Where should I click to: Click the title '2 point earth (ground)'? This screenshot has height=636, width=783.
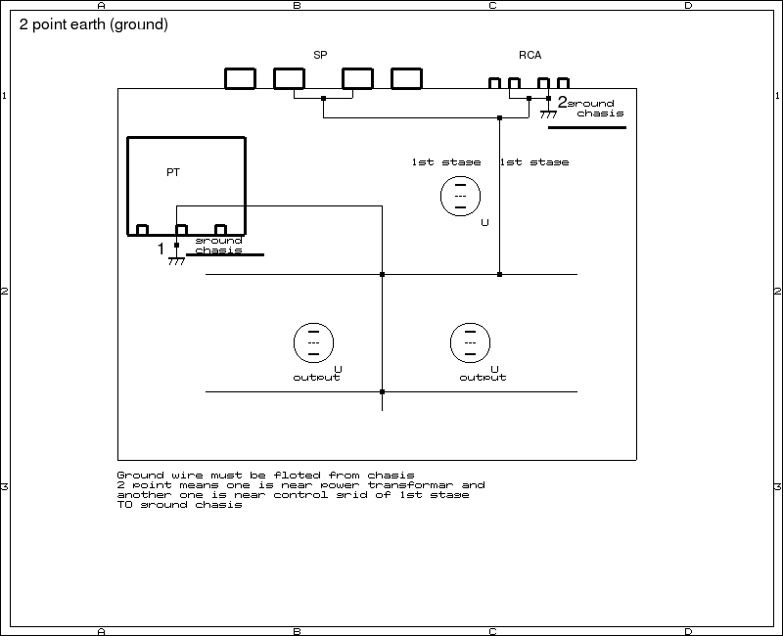point(94,24)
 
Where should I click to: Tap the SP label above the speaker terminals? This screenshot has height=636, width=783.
point(320,56)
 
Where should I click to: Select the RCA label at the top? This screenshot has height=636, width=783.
point(530,56)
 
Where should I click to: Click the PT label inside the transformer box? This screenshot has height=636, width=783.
point(173,172)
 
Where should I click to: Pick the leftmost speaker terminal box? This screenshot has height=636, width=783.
point(240,78)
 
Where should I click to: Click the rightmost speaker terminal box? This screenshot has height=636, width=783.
point(406,78)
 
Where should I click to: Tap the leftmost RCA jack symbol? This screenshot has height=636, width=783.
point(495,83)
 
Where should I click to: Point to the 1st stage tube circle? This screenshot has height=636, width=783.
point(460,196)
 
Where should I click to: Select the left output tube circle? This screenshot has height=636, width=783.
point(313,342)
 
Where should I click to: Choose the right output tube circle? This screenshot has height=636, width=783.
point(470,342)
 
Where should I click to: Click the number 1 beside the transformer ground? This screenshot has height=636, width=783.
point(161,250)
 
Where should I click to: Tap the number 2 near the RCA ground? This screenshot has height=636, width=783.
point(562,101)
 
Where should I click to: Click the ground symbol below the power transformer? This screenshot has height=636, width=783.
point(176,260)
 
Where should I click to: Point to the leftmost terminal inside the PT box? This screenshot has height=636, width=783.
point(142,230)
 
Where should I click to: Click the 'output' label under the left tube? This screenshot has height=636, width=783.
point(316,378)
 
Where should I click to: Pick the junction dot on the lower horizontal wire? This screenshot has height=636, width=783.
point(382,392)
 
